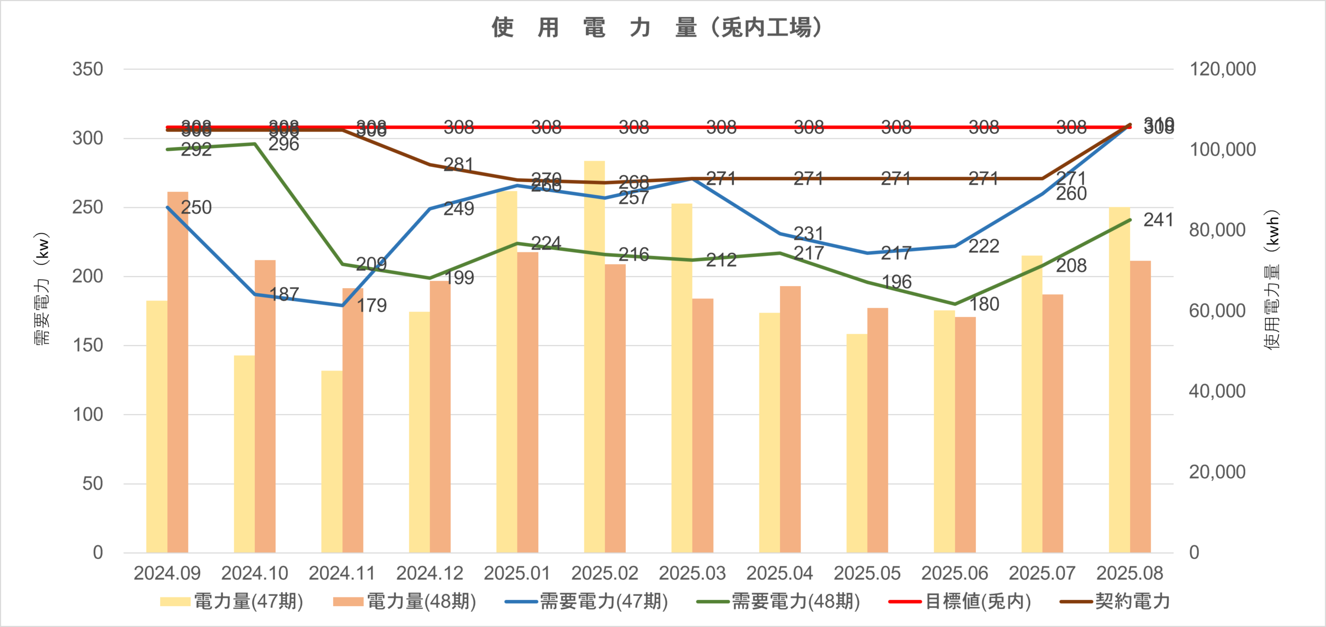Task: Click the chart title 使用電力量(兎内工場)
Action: pyautogui.click(x=657, y=27)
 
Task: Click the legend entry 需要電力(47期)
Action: pyautogui.click(x=586, y=602)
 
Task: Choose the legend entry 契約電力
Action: pyautogui.click(x=1115, y=602)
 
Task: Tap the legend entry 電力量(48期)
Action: pyautogui.click(x=405, y=602)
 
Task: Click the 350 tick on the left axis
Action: pyautogui.click(x=88, y=69)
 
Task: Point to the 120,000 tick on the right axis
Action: pyautogui.click(x=1222, y=69)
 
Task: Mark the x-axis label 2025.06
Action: pyautogui.click(x=955, y=573)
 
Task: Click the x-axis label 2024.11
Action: pyautogui.click(x=342, y=573)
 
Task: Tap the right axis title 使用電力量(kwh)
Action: pyautogui.click(x=1273, y=280)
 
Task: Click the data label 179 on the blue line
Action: pyautogui.click(x=371, y=306)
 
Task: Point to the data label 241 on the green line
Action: pyautogui.click(x=1158, y=220)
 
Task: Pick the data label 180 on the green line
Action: pyautogui.click(x=984, y=304)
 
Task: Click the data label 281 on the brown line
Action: pyautogui.click(x=458, y=165)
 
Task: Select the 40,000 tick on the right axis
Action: pyautogui.click(x=1217, y=391)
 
